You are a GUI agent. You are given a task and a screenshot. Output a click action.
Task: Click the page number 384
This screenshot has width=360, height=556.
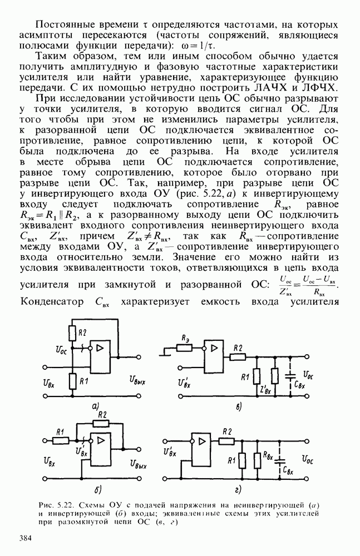point(28,538)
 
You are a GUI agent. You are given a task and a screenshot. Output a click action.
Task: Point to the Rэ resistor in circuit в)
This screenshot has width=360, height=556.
point(185,349)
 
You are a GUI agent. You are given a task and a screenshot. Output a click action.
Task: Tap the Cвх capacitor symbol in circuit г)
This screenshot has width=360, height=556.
point(280,461)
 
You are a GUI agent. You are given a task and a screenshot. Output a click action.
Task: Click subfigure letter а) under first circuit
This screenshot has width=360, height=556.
point(96,407)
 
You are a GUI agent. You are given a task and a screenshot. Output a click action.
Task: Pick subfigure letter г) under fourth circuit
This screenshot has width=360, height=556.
point(238,489)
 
